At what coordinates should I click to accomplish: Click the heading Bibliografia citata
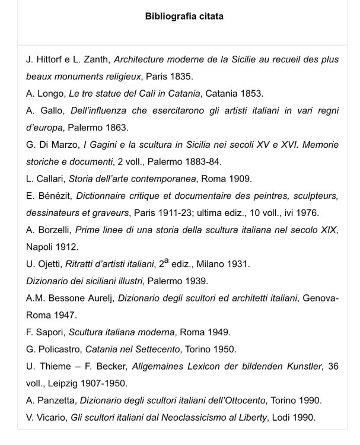tap(184, 16)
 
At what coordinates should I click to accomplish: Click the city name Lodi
tap(288, 417)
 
